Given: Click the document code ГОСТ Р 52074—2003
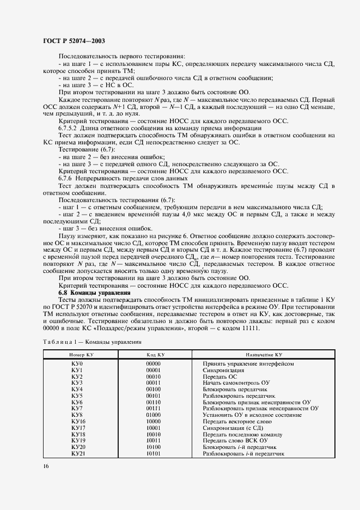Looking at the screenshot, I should (74, 41).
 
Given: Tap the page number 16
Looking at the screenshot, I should (46, 466).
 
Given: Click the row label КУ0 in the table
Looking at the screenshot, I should (76, 363).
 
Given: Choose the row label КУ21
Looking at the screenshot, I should (78, 453).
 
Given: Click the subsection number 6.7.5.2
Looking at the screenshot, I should (69, 128).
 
